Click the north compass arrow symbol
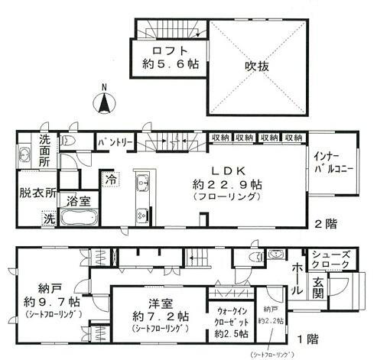pyautogui.click(x=105, y=101)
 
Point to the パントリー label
pyautogui.click(x=115, y=142)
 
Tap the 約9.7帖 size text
pyautogui.click(x=47, y=300)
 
